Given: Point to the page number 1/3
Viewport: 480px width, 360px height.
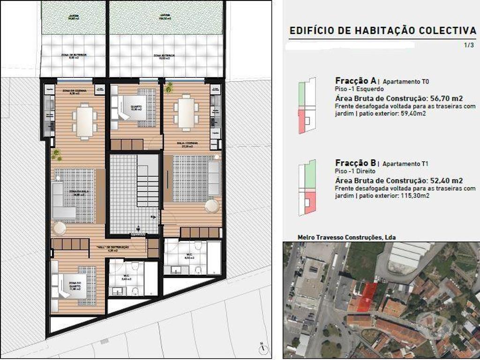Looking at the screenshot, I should point(469,45).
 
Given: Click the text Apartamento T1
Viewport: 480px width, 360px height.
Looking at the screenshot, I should point(405,164).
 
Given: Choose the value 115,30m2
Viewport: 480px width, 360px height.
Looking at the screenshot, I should point(410,195).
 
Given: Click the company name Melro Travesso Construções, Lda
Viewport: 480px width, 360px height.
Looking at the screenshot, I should point(346,237).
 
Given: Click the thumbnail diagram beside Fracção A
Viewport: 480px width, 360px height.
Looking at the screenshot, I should point(307,105).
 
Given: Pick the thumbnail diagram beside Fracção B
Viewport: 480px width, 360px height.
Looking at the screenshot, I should point(307,187).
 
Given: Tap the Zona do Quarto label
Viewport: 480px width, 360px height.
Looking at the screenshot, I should point(75,285).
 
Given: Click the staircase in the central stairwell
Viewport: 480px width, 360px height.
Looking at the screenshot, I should point(147,180).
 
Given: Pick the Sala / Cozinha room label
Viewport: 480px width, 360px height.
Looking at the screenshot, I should point(187,144).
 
